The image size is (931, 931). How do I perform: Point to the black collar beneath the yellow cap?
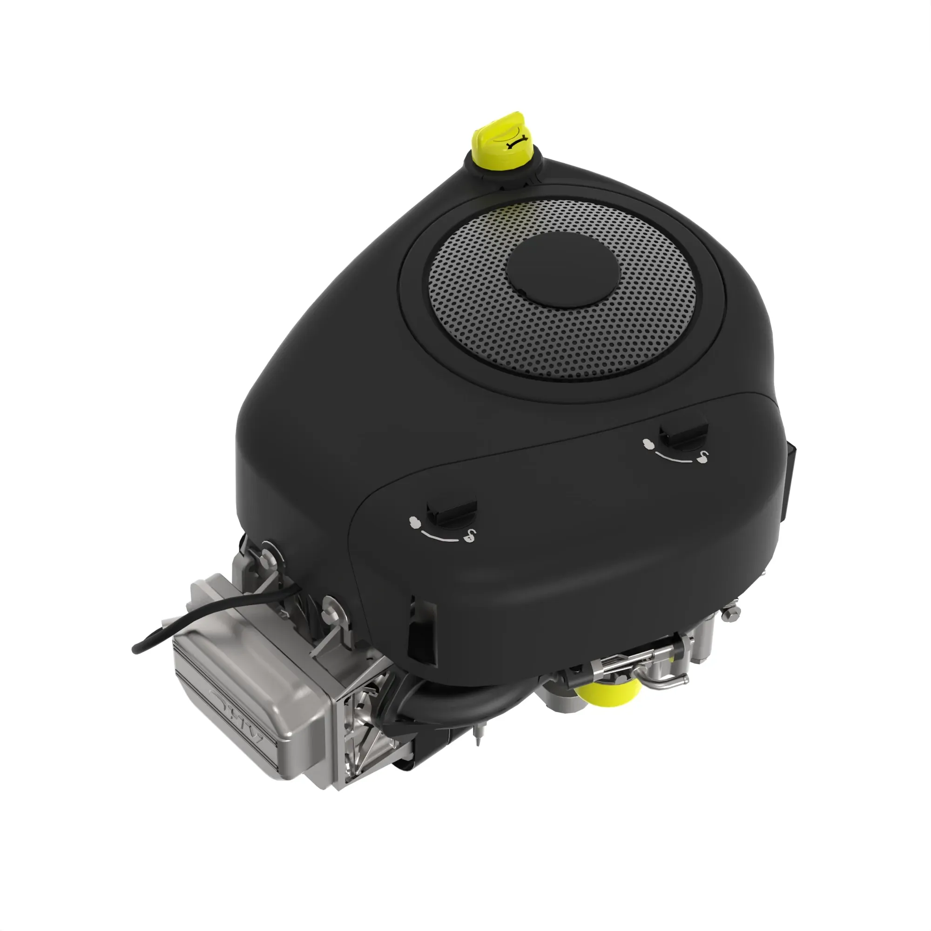click(x=501, y=173)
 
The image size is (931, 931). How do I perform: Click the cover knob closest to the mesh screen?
click(x=683, y=434)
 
